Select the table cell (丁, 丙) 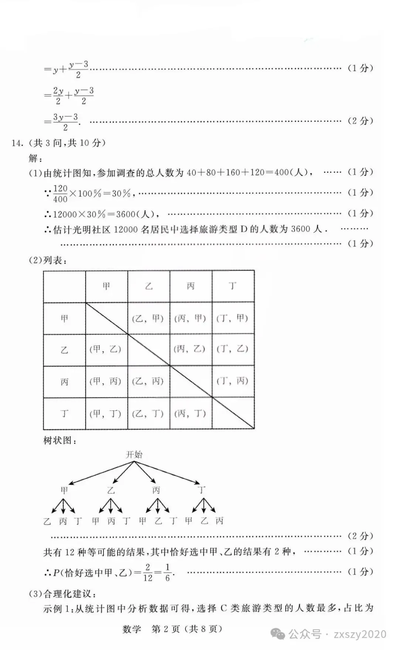(233, 381)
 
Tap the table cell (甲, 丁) (106, 414)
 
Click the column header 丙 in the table (191, 286)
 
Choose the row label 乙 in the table (64, 350)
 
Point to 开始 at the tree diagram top (134, 454)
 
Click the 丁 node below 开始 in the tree (201, 490)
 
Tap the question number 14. (17, 143)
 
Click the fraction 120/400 (60, 194)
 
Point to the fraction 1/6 (167, 572)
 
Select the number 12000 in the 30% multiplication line (65, 214)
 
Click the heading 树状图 (60, 441)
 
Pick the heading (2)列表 (48, 260)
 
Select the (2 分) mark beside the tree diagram (360, 536)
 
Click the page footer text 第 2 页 (166, 629)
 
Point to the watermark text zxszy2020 (359, 634)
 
